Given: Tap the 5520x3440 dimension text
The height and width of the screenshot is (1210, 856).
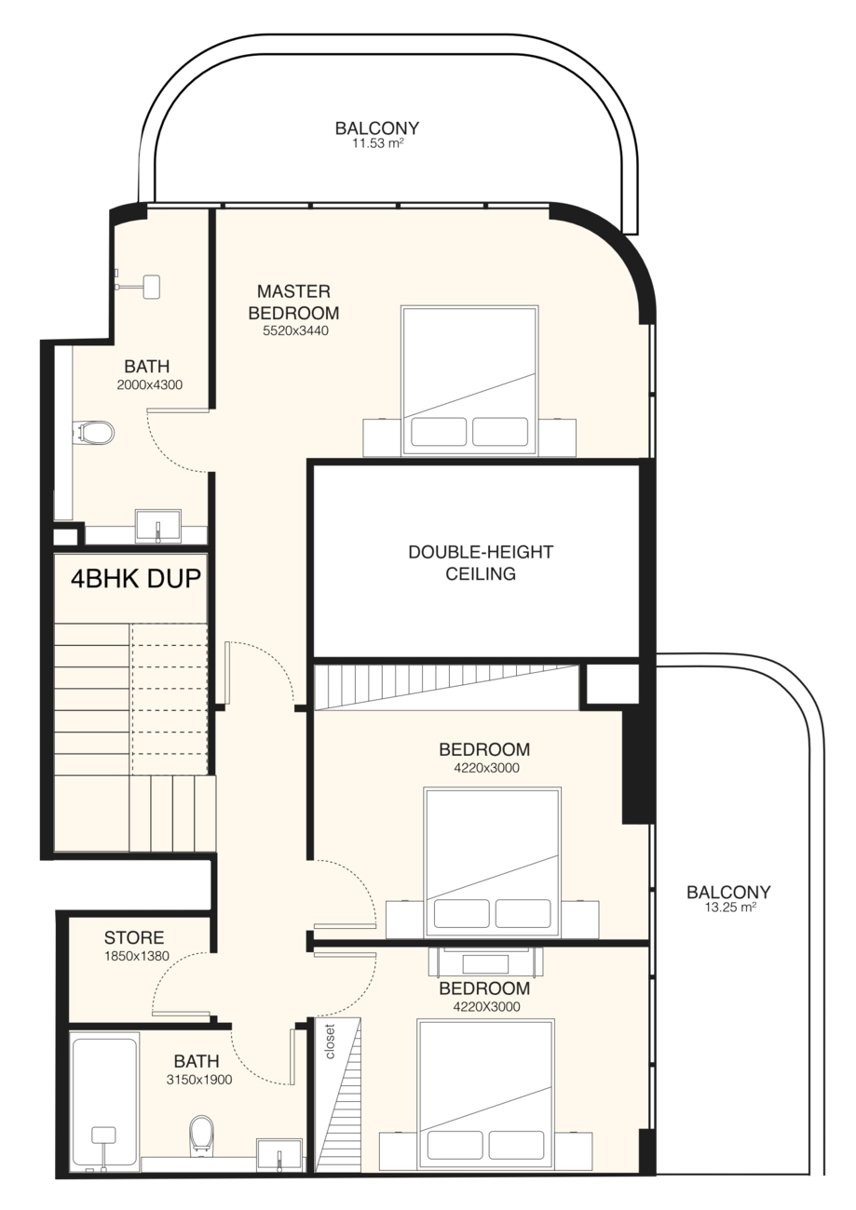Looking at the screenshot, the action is (x=295, y=330).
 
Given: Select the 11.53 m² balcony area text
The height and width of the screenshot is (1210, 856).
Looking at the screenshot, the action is (x=378, y=143).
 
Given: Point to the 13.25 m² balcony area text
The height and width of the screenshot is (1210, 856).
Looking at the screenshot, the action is (x=729, y=907).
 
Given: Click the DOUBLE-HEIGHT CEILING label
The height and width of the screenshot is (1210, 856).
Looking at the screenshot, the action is (x=481, y=562).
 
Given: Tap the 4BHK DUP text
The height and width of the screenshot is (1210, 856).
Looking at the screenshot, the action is (x=136, y=579).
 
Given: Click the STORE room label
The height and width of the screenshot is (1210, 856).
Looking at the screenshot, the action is (x=134, y=937).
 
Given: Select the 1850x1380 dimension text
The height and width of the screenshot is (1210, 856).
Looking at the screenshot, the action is (x=137, y=956).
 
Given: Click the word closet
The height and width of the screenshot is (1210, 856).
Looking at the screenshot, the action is (x=330, y=1042).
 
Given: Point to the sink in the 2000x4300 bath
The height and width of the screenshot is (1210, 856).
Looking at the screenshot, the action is (x=157, y=525).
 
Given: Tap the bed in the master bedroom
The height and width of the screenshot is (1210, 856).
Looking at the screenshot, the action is (x=469, y=381).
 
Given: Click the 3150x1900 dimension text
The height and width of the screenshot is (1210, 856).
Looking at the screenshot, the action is (x=199, y=1080).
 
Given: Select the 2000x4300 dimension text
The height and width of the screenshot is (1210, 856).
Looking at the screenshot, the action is (x=150, y=384).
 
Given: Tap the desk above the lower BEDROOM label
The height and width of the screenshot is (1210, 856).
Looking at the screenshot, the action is (x=484, y=962).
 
